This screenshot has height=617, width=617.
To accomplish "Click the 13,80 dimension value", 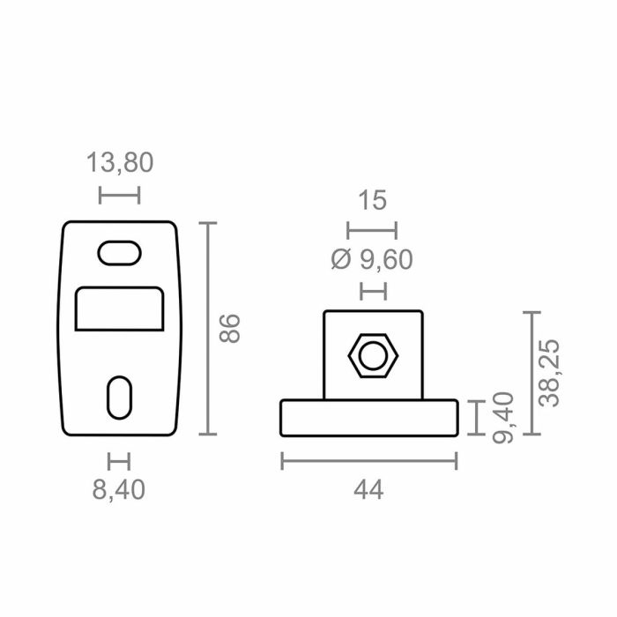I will (x=120, y=162).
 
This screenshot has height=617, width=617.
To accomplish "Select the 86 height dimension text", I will (x=230, y=328).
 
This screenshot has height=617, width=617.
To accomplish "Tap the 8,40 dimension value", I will (x=119, y=489).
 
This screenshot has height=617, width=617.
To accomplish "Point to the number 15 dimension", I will (x=373, y=200).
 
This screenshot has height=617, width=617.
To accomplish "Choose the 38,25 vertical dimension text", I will (x=552, y=374).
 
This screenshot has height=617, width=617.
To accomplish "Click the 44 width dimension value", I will (x=370, y=490).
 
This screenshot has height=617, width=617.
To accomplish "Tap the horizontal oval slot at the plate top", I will (x=119, y=252).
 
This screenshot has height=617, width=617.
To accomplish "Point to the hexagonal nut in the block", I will (x=374, y=356).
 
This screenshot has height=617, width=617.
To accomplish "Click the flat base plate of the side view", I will (x=369, y=418).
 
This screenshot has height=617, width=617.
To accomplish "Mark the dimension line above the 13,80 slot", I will (x=120, y=195).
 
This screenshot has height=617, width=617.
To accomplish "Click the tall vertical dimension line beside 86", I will (x=208, y=328).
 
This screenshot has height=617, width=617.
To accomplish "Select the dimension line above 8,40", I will (x=119, y=460).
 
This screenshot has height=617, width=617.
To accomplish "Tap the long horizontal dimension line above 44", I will (x=369, y=460).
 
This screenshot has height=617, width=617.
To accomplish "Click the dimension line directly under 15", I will (x=372, y=230).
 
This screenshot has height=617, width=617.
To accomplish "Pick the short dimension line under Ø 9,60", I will (x=374, y=289).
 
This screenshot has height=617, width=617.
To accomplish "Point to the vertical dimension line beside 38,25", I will (x=531, y=373).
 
